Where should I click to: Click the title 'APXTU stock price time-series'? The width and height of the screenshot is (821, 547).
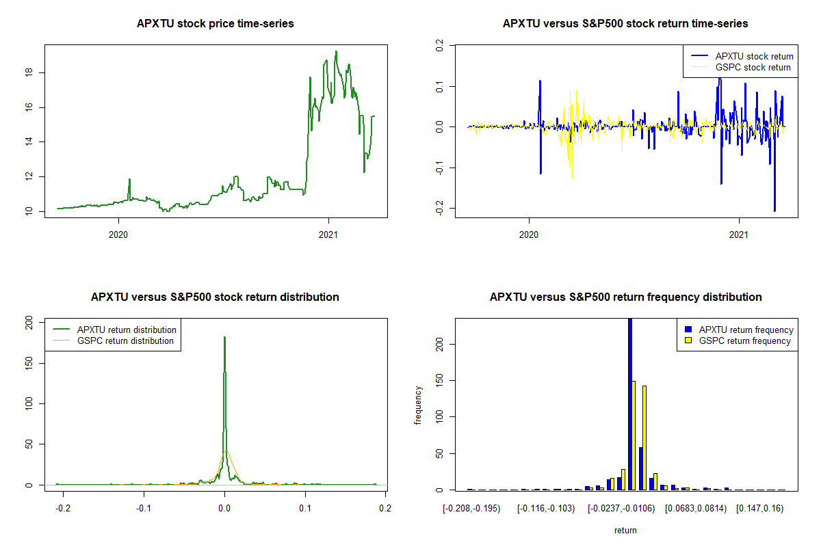pos(216,24)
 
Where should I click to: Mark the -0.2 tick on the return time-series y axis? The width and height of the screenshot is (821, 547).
pos(438,209)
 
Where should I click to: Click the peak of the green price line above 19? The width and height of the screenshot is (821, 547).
pos(336,51)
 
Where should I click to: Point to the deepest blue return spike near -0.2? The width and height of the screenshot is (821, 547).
pos(774,210)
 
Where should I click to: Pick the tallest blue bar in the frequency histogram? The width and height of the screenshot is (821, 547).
pos(629,403)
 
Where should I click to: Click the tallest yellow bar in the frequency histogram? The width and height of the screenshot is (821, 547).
pos(634,436)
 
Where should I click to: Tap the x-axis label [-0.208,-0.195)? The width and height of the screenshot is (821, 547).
pos(471,509)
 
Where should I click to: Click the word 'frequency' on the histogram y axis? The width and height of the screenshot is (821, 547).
pos(418,405)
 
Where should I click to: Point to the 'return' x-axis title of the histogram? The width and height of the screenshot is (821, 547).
pos(625,530)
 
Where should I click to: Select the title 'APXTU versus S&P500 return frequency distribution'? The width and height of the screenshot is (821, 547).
pos(625,297)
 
